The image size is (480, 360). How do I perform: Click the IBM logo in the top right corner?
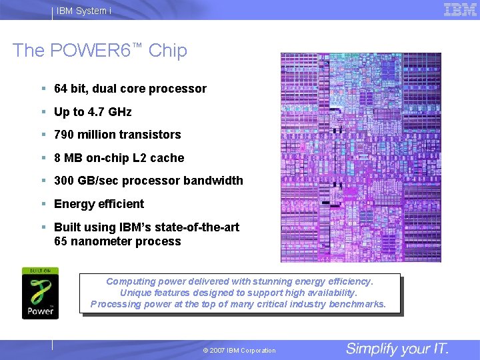(x=460, y=9)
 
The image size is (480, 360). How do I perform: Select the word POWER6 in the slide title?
(x=99, y=51)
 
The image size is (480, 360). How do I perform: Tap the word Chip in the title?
(x=168, y=51)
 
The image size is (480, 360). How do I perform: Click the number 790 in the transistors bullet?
(x=65, y=135)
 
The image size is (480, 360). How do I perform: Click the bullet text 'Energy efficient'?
(x=99, y=204)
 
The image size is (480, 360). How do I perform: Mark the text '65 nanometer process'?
(x=117, y=241)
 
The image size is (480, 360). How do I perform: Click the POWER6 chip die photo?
(x=361, y=157)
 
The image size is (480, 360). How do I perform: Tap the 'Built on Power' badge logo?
(x=40, y=293)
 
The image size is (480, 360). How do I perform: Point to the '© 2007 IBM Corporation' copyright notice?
(x=239, y=351)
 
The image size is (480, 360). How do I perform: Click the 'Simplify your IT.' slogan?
(x=397, y=349)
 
